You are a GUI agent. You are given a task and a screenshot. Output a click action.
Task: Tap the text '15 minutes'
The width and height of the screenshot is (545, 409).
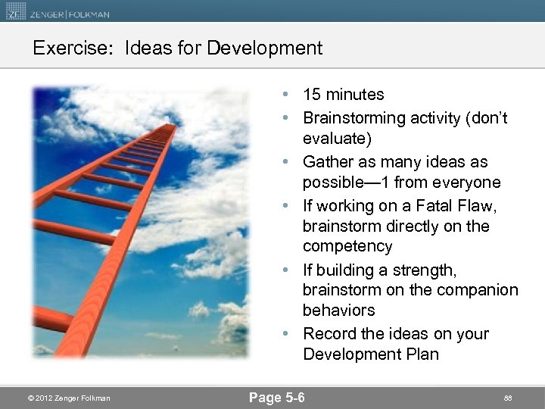click(343, 95)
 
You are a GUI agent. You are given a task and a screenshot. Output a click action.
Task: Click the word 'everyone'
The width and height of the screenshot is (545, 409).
click(467, 183)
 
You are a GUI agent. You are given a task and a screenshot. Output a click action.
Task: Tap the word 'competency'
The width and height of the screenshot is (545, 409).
click(347, 246)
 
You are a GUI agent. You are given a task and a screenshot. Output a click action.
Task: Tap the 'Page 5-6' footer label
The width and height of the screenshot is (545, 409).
click(276, 397)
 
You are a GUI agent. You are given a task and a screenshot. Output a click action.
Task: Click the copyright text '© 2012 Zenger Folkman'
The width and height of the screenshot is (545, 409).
click(68, 398)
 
